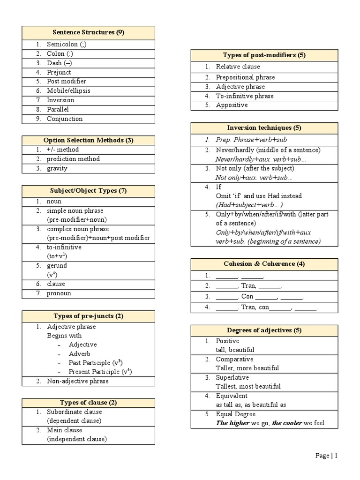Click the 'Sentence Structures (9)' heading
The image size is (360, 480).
point(89,32)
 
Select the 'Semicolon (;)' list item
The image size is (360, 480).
point(67,45)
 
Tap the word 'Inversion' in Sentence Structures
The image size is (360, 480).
point(60,100)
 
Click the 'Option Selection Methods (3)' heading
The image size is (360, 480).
point(89,140)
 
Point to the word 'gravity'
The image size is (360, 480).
point(57,168)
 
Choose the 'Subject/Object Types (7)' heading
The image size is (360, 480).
point(89,191)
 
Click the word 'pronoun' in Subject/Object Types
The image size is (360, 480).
point(59,293)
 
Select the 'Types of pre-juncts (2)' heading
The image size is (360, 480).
point(89,316)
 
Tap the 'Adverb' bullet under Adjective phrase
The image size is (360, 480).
point(79,354)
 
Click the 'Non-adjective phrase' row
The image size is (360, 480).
point(77,381)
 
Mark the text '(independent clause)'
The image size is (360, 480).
point(77,439)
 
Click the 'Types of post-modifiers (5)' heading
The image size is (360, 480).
point(264,55)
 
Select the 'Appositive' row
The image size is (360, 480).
point(232,105)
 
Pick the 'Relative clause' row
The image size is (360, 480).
point(238,67)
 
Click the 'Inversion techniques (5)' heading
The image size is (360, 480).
point(264,127)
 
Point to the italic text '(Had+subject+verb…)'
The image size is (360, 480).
point(249,205)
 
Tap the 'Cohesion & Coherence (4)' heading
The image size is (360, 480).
point(264,263)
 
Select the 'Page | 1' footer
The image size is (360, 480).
point(326,456)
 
